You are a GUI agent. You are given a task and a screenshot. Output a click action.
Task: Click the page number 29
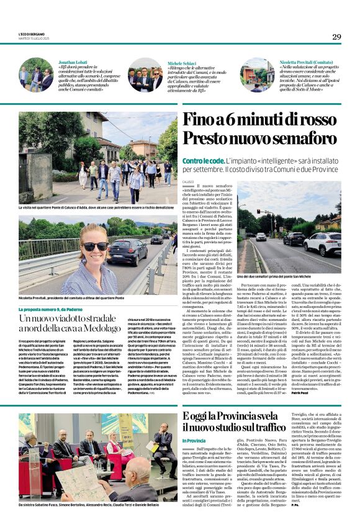click(336, 37)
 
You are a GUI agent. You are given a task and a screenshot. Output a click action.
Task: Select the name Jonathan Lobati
click(73, 63)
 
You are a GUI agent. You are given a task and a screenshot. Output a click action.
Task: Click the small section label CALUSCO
click(188, 181)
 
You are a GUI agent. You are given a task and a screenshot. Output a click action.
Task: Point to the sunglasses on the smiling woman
click(95, 246)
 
